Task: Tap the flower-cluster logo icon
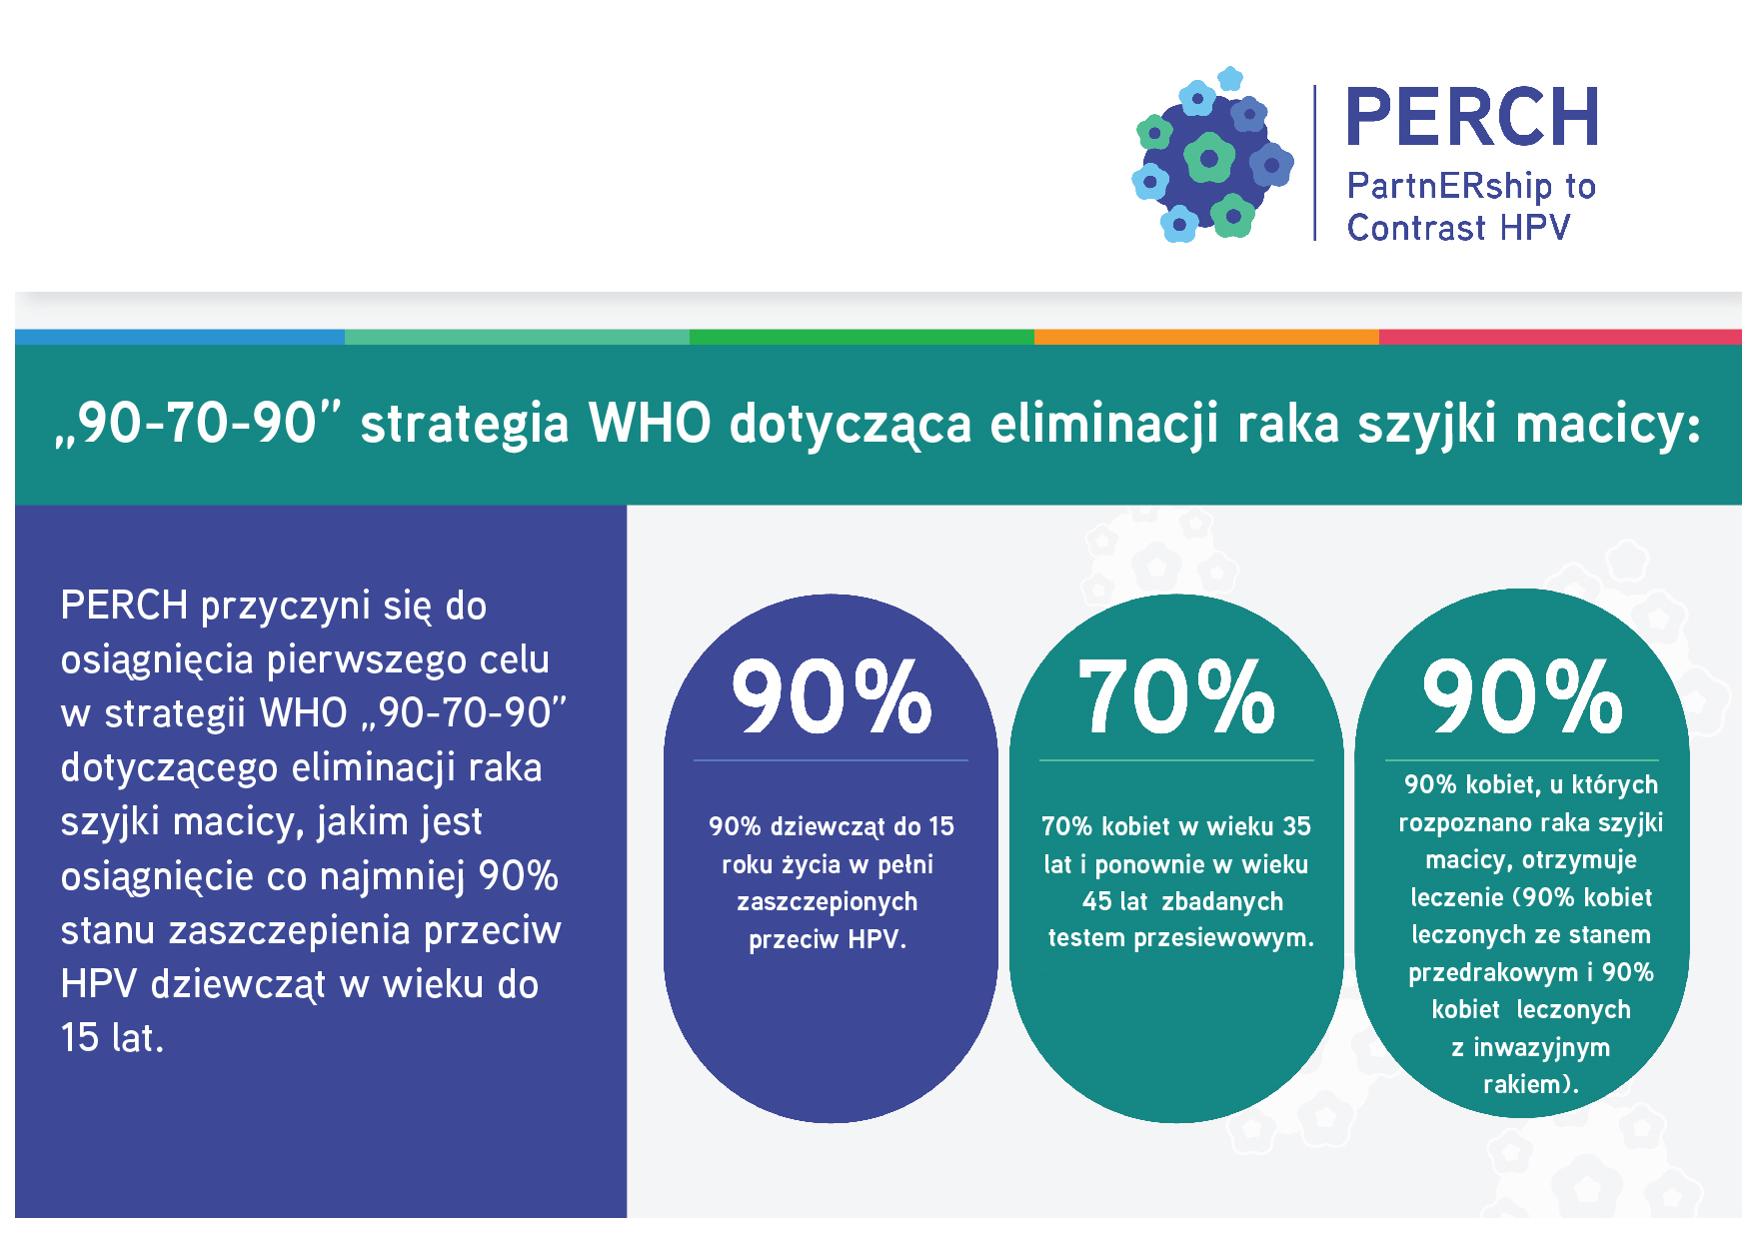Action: coord(1212,155)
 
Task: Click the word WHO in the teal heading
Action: coord(650,423)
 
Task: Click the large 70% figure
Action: coord(1176,696)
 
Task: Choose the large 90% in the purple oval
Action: coord(832,696)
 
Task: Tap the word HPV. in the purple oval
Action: coord(877,939)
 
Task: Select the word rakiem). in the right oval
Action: coord(1531,1085)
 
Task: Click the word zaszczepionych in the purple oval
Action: coord(828,902)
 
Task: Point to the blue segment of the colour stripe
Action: coord(180,338)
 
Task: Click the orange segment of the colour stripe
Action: coord(1206,338)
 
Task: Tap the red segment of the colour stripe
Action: coord(1560,338)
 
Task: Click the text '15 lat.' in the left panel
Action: coord(112,1038)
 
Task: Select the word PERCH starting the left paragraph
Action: coord(124,606)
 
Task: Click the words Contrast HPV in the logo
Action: coord(1458,228)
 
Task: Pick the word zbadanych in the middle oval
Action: coord(1222,902)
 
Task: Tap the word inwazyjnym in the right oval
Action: coord(1542,1048)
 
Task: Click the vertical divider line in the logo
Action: coord(1314,163)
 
